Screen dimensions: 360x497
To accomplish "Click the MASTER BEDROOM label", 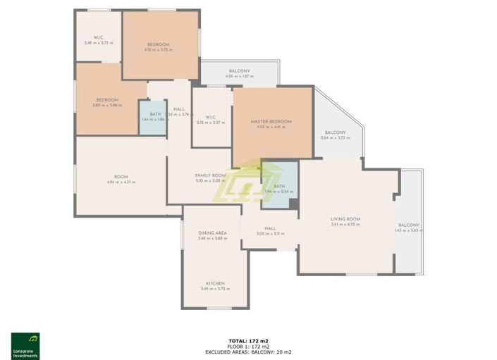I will [271, 122].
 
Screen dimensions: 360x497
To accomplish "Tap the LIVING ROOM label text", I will [345, 219].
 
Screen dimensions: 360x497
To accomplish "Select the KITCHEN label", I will [215, 283].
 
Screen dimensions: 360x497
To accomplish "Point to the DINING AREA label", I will [212, 232].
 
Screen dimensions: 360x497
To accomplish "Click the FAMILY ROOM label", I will [210, 175].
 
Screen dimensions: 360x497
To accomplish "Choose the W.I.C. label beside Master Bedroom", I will [210, 117].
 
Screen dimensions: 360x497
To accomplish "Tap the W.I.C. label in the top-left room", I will [99, 37].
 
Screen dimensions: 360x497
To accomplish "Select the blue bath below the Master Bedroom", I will [278, 185].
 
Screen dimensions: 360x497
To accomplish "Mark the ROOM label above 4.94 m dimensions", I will [121, 176].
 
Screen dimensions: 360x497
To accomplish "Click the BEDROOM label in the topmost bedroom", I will [158, 44].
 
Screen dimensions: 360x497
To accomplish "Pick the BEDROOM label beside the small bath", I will [108, 100].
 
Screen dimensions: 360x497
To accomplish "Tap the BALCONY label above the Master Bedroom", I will [238, 70].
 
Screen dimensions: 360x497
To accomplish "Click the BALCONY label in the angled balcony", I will [335, 132].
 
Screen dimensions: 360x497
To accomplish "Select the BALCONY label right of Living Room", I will [408, 225].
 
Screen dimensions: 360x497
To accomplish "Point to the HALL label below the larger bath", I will [270, 228].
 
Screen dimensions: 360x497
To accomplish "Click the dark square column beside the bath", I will [294, 204].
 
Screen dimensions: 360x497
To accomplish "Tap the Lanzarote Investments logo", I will [25, 345].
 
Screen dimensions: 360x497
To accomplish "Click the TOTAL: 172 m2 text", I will [248, 341].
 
